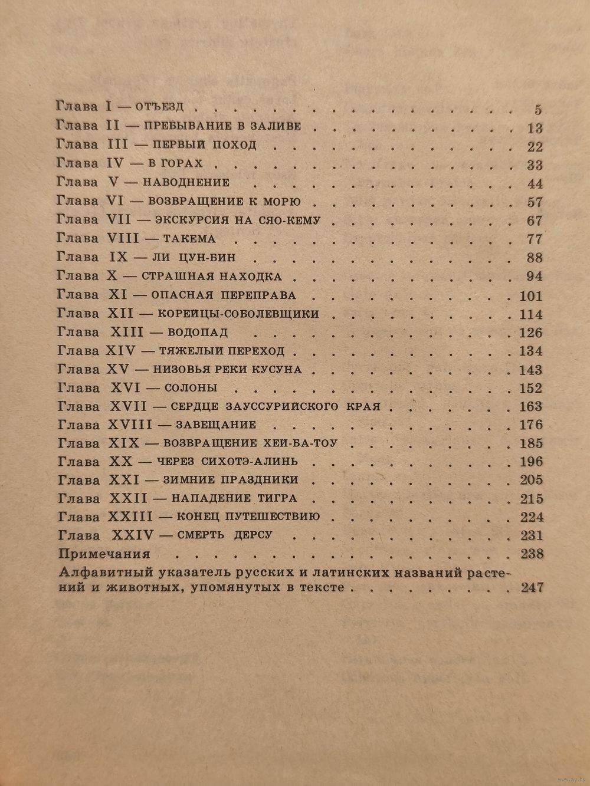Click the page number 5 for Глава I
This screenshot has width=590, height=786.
[x=537, y=109]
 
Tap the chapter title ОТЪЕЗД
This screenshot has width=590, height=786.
[x=160, y=107]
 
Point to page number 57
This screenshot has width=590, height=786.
[x=535, y=202]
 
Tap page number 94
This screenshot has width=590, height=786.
[x=535, y=276]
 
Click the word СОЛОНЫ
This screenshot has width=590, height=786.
[x=192, y=388]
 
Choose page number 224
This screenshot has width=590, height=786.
[x=530, y=517]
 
